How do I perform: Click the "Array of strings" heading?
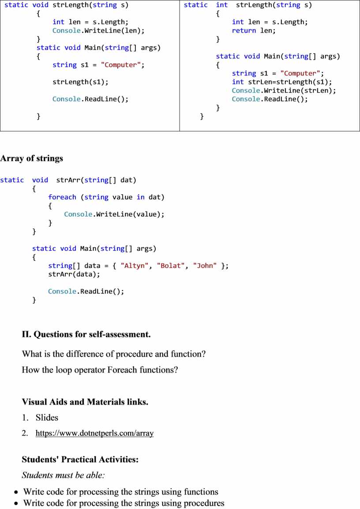[x=31, y=158]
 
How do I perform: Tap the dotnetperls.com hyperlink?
[x=94, y=433]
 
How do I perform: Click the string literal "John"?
[x=205, y=266]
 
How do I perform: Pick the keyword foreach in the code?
[x=62, y=197]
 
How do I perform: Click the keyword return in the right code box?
[x=244, y=30]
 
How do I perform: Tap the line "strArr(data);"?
[x=74, y=274]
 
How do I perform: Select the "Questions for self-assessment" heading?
[x=86, y=334]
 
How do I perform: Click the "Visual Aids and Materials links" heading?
[x=85, y=402]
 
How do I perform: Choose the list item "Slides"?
[x=47, y=418]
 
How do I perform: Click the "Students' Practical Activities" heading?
[x=80, y=459]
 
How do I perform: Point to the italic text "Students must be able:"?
[x=63, y=475]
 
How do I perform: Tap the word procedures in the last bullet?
[x=204, y=503]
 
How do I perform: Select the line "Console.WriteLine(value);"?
[x=114, y=214]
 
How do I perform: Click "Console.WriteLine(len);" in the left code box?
[x=98, y=30]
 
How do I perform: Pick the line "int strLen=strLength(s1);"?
[x=282, y=82]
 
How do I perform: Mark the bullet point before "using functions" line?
[x=16, y=492]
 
